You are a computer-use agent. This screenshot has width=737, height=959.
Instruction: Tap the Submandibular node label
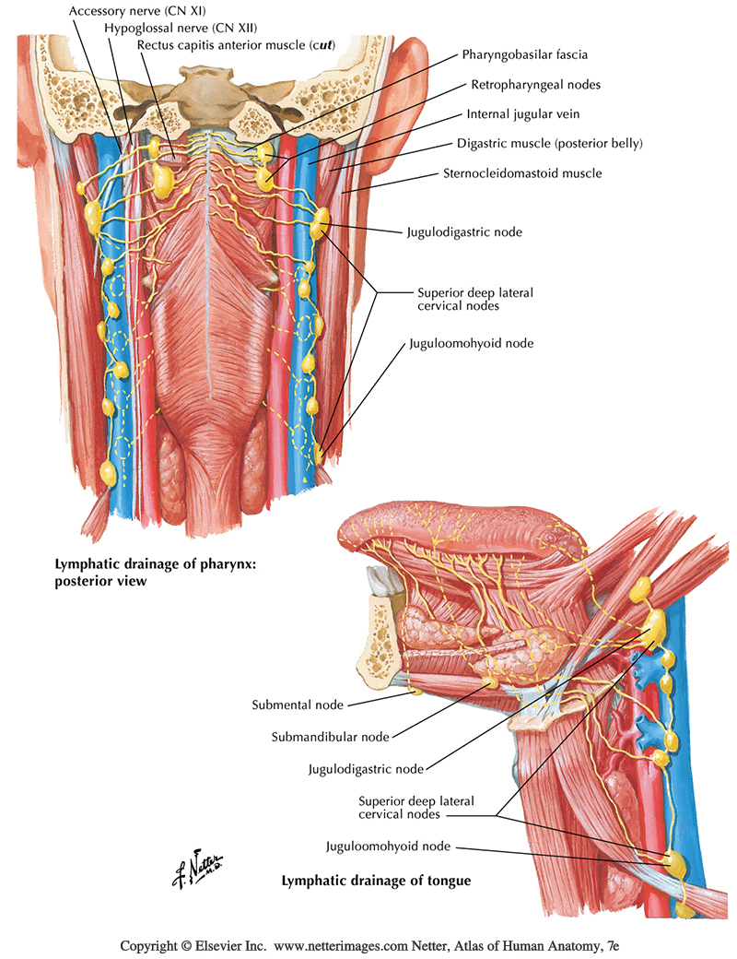click(x=330, y=737)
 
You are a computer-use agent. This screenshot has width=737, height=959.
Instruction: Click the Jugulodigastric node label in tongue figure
click(x=367, y=768)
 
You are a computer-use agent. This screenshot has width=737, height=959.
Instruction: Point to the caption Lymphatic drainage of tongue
click(x=376, y=881)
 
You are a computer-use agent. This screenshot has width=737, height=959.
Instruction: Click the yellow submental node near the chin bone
click(x=414, y=689)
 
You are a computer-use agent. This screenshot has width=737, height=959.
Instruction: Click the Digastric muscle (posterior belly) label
click(x=549, y=143)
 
